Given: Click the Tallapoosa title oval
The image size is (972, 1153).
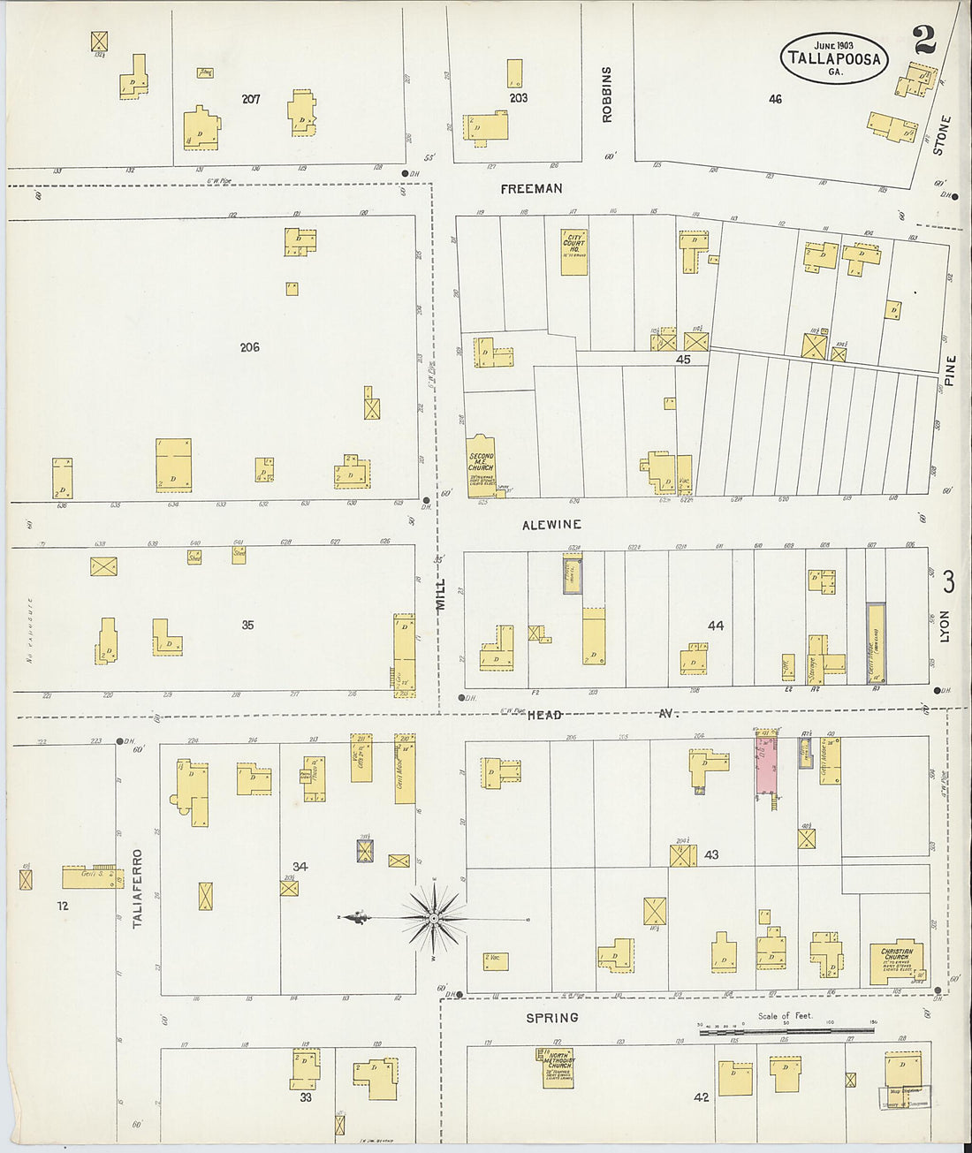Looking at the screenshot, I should click(x=833, y=58).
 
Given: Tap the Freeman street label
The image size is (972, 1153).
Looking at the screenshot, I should click(x=531, y=189).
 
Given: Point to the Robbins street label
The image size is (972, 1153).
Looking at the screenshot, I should click(x=607, y=94).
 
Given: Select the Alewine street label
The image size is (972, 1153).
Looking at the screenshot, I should click(x=551, y=525).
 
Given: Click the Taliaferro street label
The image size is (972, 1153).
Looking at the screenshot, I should click(x=138, y=889).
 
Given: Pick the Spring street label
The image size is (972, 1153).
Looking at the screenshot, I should click(x=552, y=1018).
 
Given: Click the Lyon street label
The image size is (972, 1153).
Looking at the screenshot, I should click(x=945, y=625).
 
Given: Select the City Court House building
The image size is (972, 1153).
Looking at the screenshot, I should click(x=574, y=252).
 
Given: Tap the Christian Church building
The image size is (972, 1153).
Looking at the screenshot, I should click(x=896, y=965).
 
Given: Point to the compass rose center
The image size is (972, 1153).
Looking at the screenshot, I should click(x=434, y=919).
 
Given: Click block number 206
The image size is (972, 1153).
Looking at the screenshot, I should click(x=249, y=347).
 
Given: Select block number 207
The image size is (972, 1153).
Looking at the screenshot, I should click(x=251, y=99).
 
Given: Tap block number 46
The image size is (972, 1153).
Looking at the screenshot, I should click(x=775, y=99).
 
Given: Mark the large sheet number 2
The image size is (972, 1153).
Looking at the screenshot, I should click(x=923, y=41).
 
